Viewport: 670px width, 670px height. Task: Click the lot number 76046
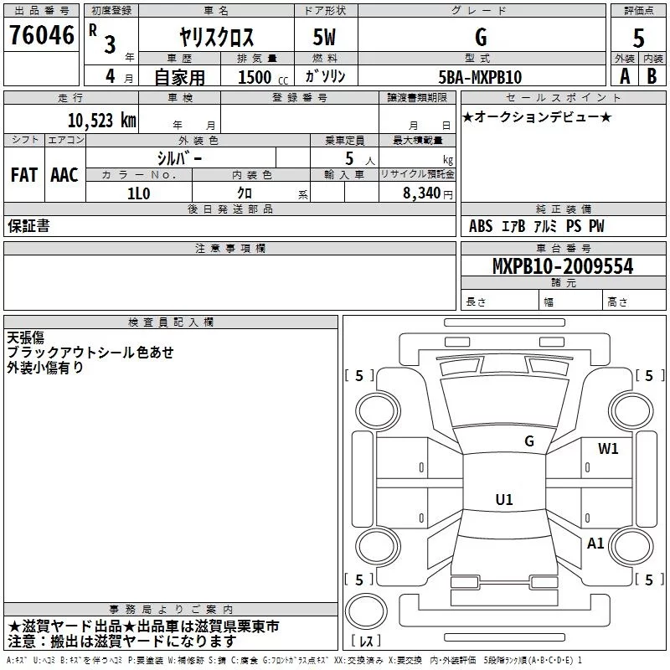40,38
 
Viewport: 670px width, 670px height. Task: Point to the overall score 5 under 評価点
638,39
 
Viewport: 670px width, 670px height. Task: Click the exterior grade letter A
623,76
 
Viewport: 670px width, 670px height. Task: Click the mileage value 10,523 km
101,120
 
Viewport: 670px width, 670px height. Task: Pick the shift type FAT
23,174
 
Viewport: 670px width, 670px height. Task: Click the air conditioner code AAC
64,174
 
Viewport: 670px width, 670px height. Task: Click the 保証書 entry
28,226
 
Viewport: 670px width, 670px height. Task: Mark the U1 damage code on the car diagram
503,500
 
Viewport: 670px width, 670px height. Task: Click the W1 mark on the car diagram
608,448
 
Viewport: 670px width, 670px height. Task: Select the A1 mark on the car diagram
595,544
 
